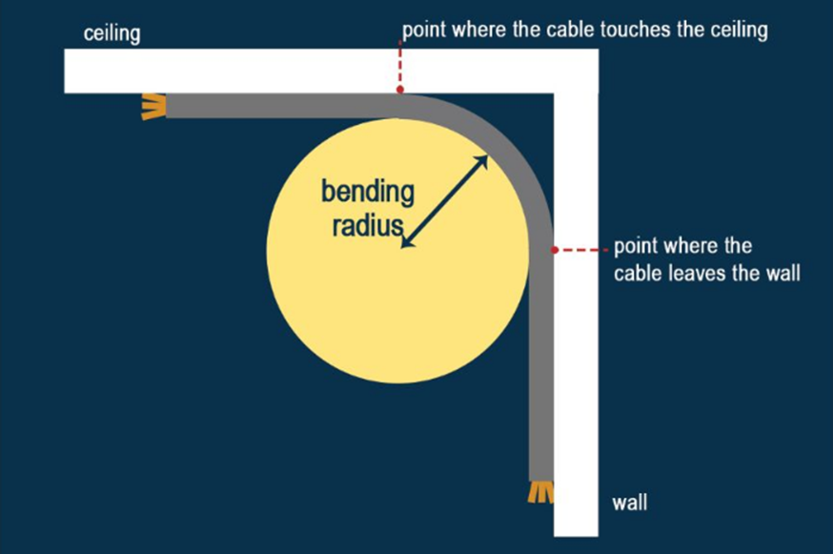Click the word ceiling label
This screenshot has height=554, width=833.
[112, 34]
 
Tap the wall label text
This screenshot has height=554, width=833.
[630, 503]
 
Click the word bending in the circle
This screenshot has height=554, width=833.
[368, 193]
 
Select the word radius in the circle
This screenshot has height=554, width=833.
[368, 225]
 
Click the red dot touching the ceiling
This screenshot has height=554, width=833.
[400, 90]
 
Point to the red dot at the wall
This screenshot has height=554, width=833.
[555, 250]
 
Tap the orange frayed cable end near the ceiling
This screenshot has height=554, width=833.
[153, 107]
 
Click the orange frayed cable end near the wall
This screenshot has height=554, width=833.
[540, 492]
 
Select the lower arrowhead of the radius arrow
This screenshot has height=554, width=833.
[406, 242]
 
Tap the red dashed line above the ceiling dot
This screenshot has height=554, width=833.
[400, 63]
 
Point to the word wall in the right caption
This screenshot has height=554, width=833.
[782, 273]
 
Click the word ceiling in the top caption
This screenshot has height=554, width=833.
[739, 31]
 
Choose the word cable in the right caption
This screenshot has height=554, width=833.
[637, 273]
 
